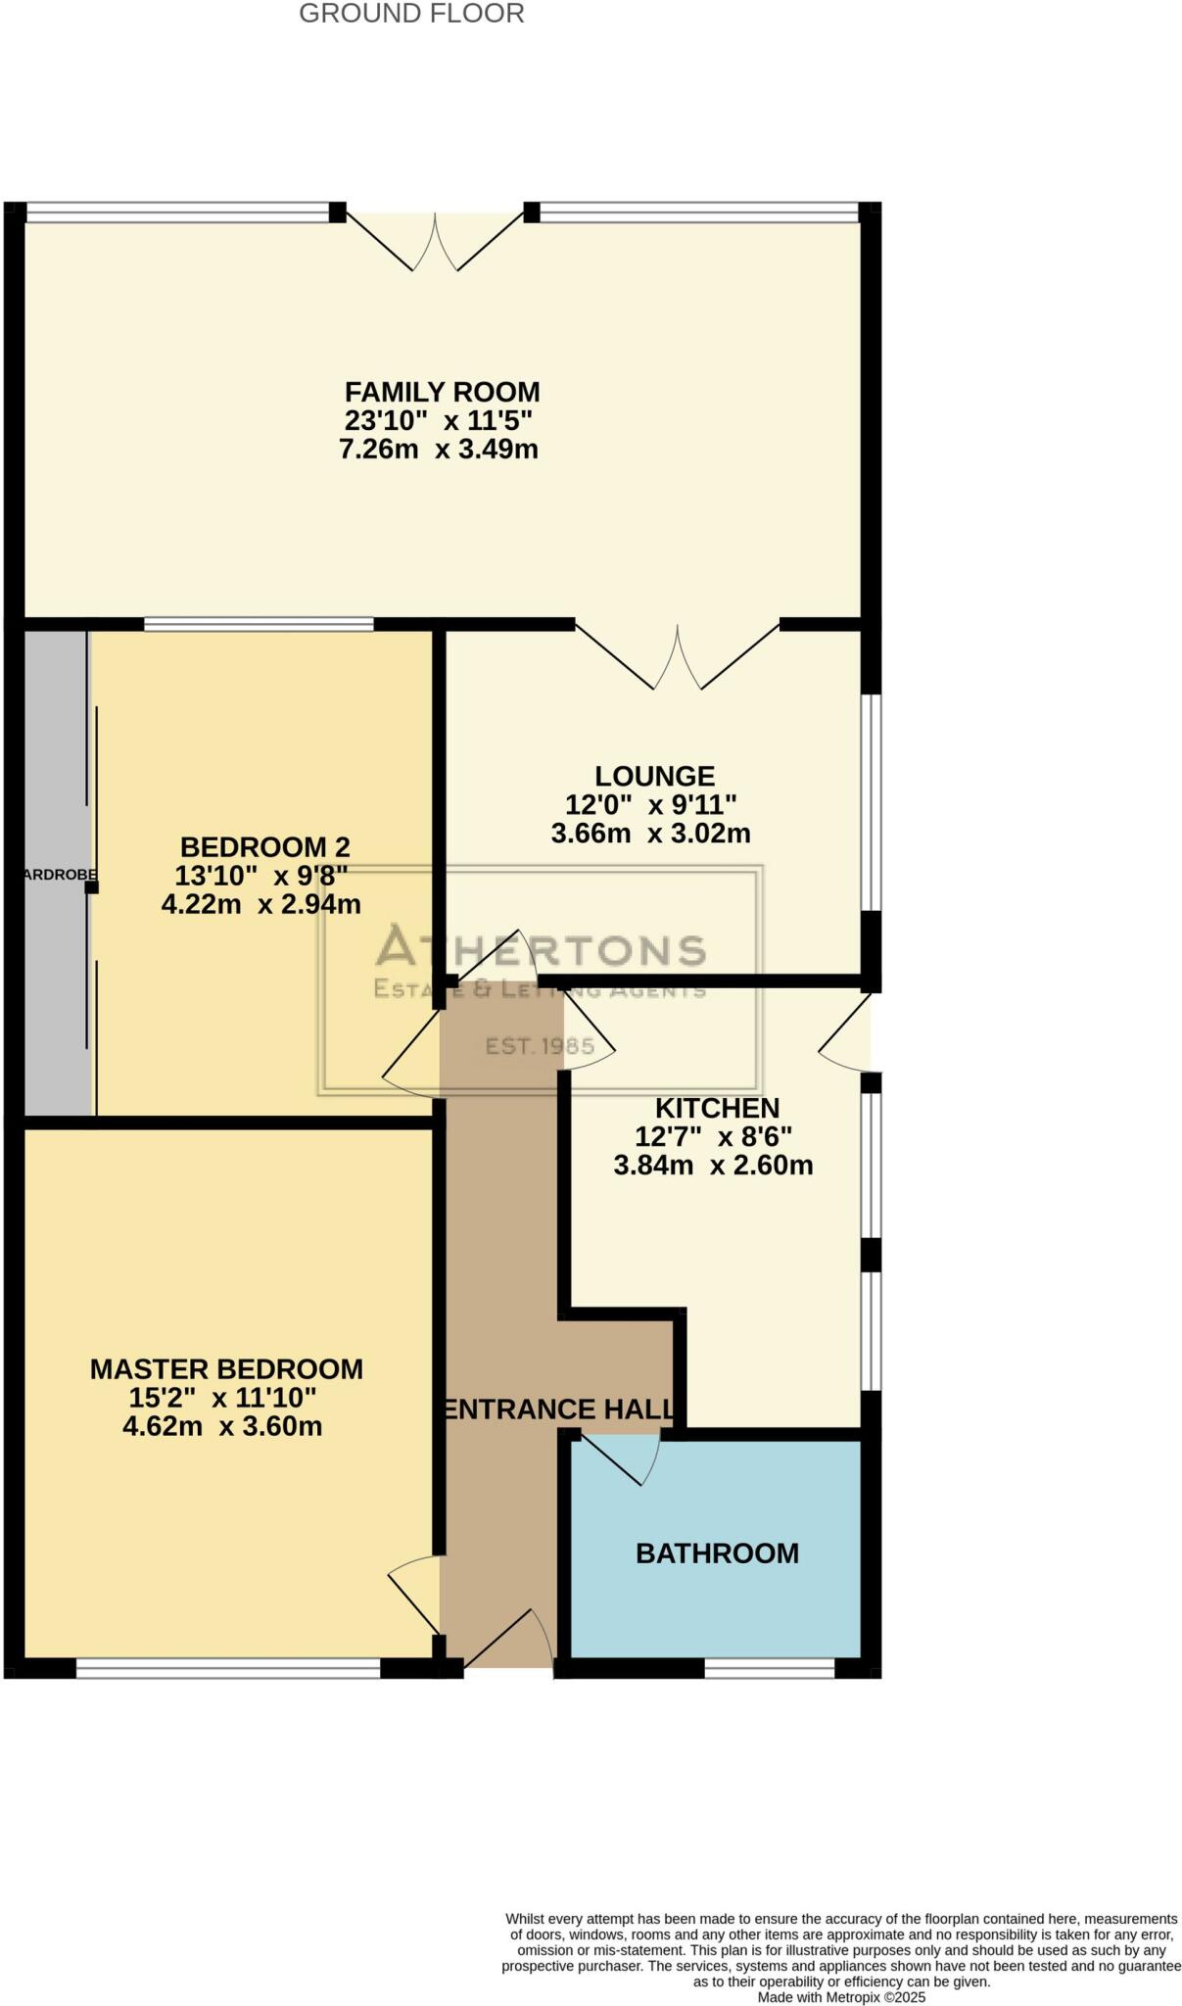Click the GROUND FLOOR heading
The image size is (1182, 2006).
[411, 14]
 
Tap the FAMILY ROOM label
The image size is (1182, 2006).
[442, 392]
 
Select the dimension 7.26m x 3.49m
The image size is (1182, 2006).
[439, 450]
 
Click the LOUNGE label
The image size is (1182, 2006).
[654, 776]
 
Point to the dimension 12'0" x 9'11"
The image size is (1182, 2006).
[651, 804]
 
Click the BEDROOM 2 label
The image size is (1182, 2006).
[264, 846]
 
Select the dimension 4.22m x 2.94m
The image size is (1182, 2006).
[260, 904]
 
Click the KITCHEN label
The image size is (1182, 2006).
[717, 1108]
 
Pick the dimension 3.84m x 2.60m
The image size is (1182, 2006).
[713, 1166]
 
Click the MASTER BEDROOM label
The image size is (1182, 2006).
[226, 1368]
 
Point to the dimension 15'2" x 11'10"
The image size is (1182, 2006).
[222, 1398]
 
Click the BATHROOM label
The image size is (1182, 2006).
[717, 1552]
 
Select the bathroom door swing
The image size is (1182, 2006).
[627, 1457]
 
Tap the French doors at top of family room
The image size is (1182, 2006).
[435, 240]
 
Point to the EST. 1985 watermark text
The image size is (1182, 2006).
[540, 1046]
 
